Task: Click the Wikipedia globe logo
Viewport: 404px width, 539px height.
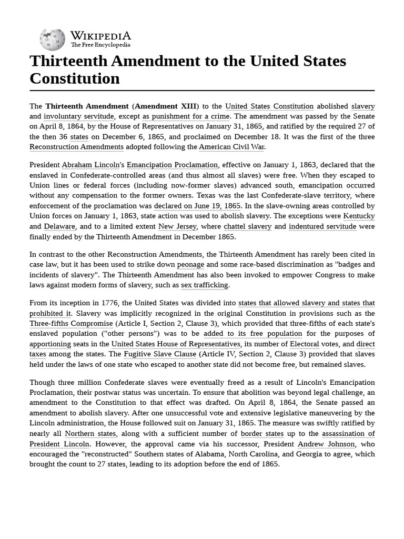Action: [52, 39]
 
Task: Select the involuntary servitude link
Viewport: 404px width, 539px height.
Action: [78, 116]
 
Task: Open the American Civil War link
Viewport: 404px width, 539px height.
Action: [231, 147]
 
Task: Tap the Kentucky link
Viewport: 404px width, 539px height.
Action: [359, 216]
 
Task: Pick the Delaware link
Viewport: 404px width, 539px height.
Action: [59, 226]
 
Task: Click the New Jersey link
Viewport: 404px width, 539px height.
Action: [177, 226]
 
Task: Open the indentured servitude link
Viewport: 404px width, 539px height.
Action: [322, 226]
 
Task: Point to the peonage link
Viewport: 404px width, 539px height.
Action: [190, 264]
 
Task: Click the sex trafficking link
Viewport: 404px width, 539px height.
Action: [205, 285]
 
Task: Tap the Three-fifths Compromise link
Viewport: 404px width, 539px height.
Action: [71, 323]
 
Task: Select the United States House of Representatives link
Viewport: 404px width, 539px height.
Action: [176, 344]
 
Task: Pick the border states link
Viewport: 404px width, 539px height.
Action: [262, 434]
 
